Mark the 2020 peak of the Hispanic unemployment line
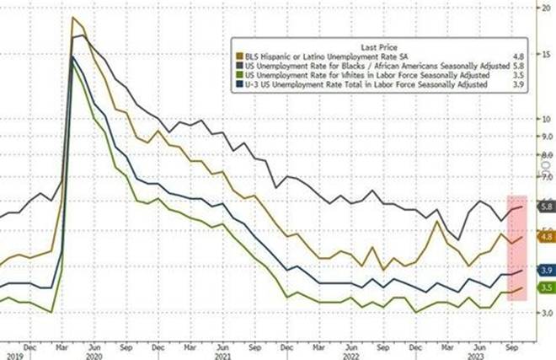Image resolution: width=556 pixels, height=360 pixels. click(74, 18)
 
